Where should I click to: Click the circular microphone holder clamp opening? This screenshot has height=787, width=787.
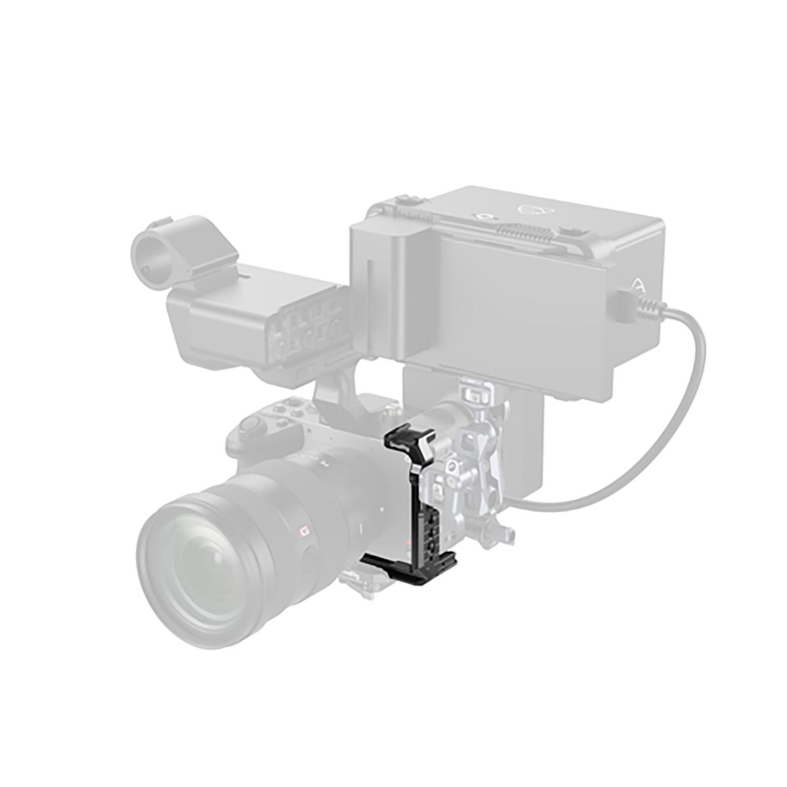(x=150, y=251)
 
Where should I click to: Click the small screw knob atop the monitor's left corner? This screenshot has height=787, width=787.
(x=405, y=200)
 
